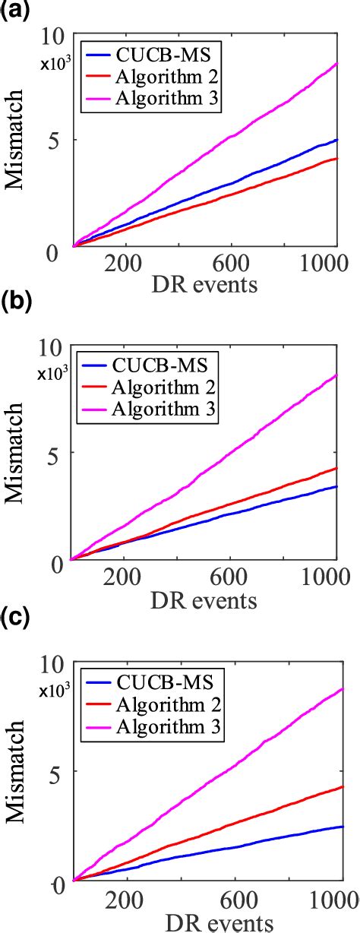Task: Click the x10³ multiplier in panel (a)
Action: (x=55, y=64)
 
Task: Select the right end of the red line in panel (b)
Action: (x=336, y=468)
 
